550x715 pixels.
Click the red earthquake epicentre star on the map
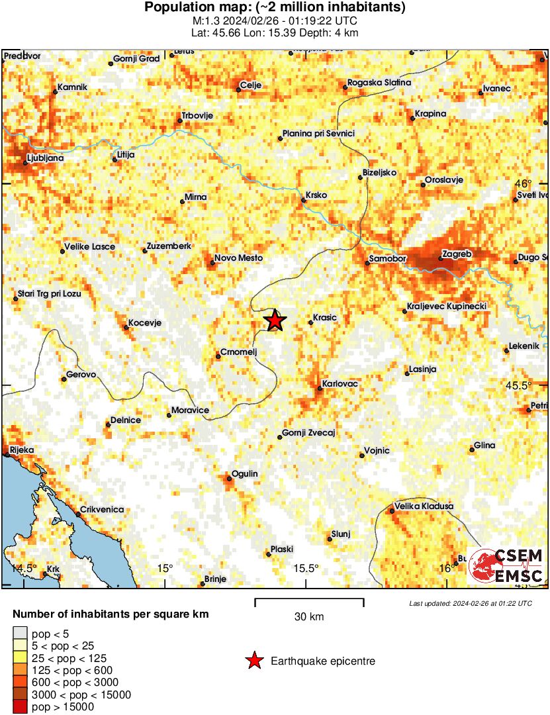coord(275,320)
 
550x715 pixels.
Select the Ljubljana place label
coord(45,159)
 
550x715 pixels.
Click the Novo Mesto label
coord(239,258)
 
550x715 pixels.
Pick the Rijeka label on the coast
coord(20,450)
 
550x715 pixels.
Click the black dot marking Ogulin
coord(227,477)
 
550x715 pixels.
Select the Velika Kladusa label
coord(424,506)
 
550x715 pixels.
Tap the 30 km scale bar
coord(309,601)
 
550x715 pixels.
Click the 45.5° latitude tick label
coord(537,385)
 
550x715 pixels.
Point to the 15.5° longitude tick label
coord(306,568)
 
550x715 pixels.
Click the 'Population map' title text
coord(275,8)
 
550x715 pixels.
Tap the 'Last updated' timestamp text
coord(470,603)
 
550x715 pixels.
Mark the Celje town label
coord(250,85)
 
